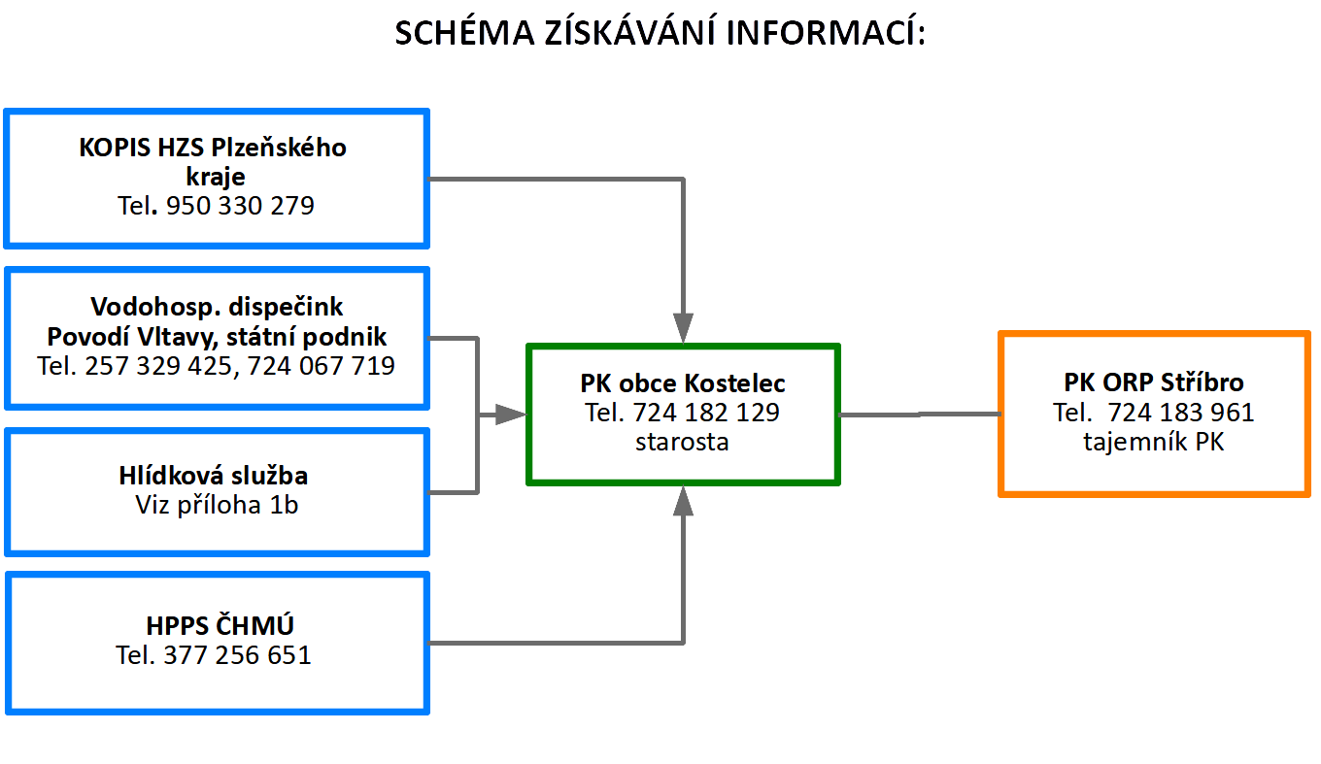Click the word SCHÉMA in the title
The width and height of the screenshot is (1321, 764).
coord(464,32)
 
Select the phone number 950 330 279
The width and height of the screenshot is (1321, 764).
coord(240,206)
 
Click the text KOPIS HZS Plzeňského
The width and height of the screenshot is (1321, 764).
coord(213,148)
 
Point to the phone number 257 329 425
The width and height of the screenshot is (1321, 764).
coord(158,365)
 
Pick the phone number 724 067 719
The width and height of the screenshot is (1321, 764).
coord(321,365)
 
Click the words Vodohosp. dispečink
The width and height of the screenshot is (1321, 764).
coord(217,307)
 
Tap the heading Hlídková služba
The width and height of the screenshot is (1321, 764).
coord(214,476)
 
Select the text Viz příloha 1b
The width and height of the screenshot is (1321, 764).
coord(217,505)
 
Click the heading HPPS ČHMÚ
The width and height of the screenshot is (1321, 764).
coord(220,625)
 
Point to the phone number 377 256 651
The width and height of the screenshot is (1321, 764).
coord(237,655)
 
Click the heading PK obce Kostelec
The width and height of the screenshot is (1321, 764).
coord(683,383)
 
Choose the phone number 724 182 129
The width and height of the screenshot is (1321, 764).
coord(706,413)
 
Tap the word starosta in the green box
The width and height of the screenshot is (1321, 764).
coord(682,442)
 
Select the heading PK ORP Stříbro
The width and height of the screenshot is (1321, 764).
coord(1154,382)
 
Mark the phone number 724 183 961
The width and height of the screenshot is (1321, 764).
coord(1181,413)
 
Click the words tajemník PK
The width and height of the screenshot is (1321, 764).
coord(1154,442)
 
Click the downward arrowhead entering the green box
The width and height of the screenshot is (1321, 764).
coord(683,327)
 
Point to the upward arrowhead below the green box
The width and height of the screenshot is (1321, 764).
coord(683,501)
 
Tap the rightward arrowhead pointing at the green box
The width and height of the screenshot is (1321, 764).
coord(511,415)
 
